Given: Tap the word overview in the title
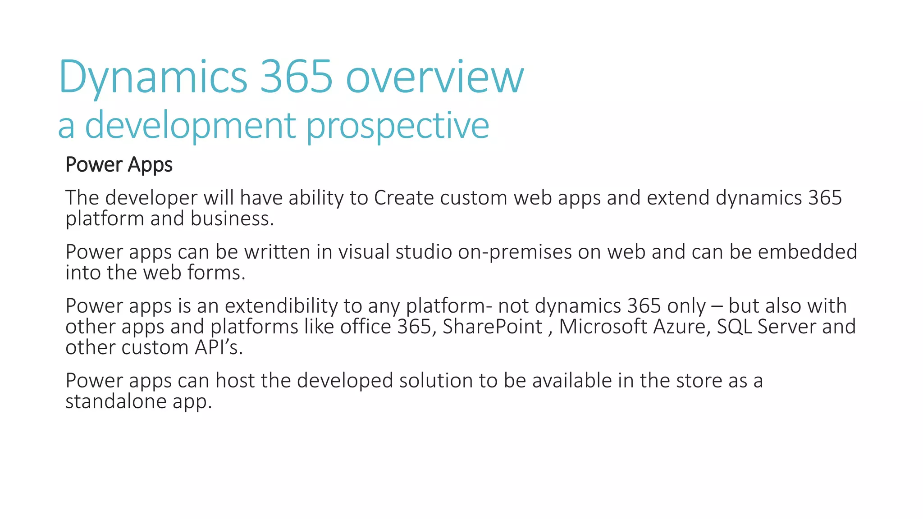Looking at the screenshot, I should (434, 77).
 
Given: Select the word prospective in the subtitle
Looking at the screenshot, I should (398, 126).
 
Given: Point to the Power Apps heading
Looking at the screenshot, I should (119, 165).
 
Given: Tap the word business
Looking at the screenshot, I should (232, 219).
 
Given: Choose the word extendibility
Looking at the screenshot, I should (281, 306).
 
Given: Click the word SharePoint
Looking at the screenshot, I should (493, 327).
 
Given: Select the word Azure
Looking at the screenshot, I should (681, 327).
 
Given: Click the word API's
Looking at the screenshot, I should (219, 348).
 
